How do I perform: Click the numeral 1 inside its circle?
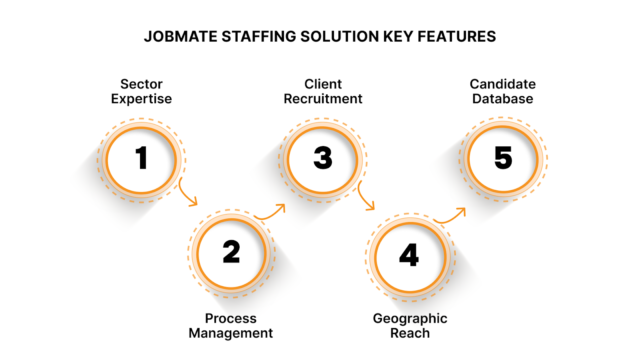[141, 157]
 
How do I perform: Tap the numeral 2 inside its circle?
[231, 252]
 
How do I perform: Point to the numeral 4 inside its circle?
[408, 254]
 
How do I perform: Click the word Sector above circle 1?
[141, 85]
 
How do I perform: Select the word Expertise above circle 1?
[141, 101]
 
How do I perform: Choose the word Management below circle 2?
[231, 332]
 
